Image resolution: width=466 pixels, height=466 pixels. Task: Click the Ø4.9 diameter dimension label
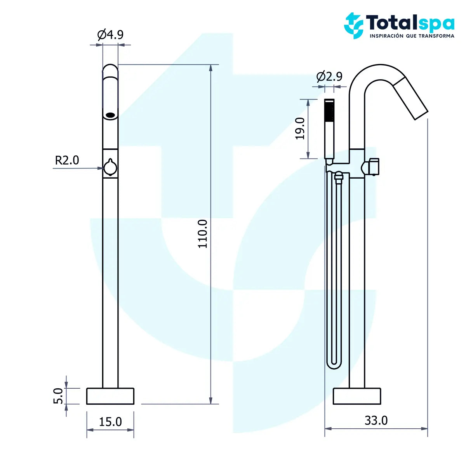(x=110, y=35)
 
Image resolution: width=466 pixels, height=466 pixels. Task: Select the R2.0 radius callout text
(x=67, y=160)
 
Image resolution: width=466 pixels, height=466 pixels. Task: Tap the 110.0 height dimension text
(x=202, y=234)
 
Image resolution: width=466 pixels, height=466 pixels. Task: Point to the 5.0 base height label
(x=58, y=396)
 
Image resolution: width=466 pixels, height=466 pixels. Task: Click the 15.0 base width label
(x=110, y=421)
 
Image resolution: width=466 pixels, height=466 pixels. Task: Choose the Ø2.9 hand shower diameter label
(x=329, y=77)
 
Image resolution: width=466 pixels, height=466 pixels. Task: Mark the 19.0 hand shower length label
(x=300, y=129)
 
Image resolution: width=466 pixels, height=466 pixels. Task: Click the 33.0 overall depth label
(x=376, y=420)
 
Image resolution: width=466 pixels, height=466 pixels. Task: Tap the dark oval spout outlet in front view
(x=111, y=115)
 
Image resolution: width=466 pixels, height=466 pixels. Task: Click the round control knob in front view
(x=110, y=168)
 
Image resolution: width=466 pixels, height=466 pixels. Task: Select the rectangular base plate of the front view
(x=110, y=396)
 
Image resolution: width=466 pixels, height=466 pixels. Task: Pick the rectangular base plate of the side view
(x=357, y=396)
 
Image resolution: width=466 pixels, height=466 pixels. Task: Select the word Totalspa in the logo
(x=410, y=23)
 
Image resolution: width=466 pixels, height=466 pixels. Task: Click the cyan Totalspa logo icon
(x=353, y=26)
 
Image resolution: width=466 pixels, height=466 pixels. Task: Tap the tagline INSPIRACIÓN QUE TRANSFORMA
(x=412, y=36)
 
